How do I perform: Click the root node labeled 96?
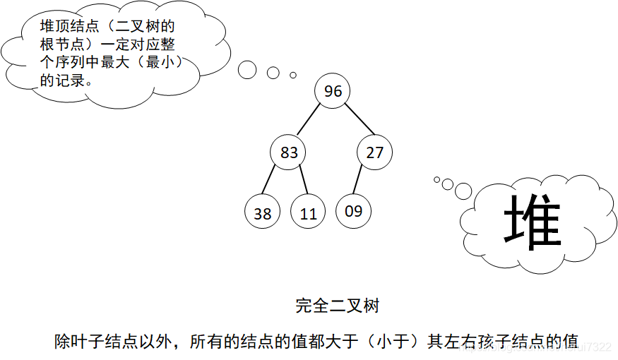333,91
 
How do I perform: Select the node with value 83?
289,152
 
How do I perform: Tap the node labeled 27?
374,152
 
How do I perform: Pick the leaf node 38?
262,212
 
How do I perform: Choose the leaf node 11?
308,212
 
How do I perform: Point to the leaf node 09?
353,210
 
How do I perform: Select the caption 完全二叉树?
338,306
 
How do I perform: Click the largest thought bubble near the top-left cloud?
246,69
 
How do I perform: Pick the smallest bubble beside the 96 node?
293,74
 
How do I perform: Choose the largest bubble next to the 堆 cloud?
463,191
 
